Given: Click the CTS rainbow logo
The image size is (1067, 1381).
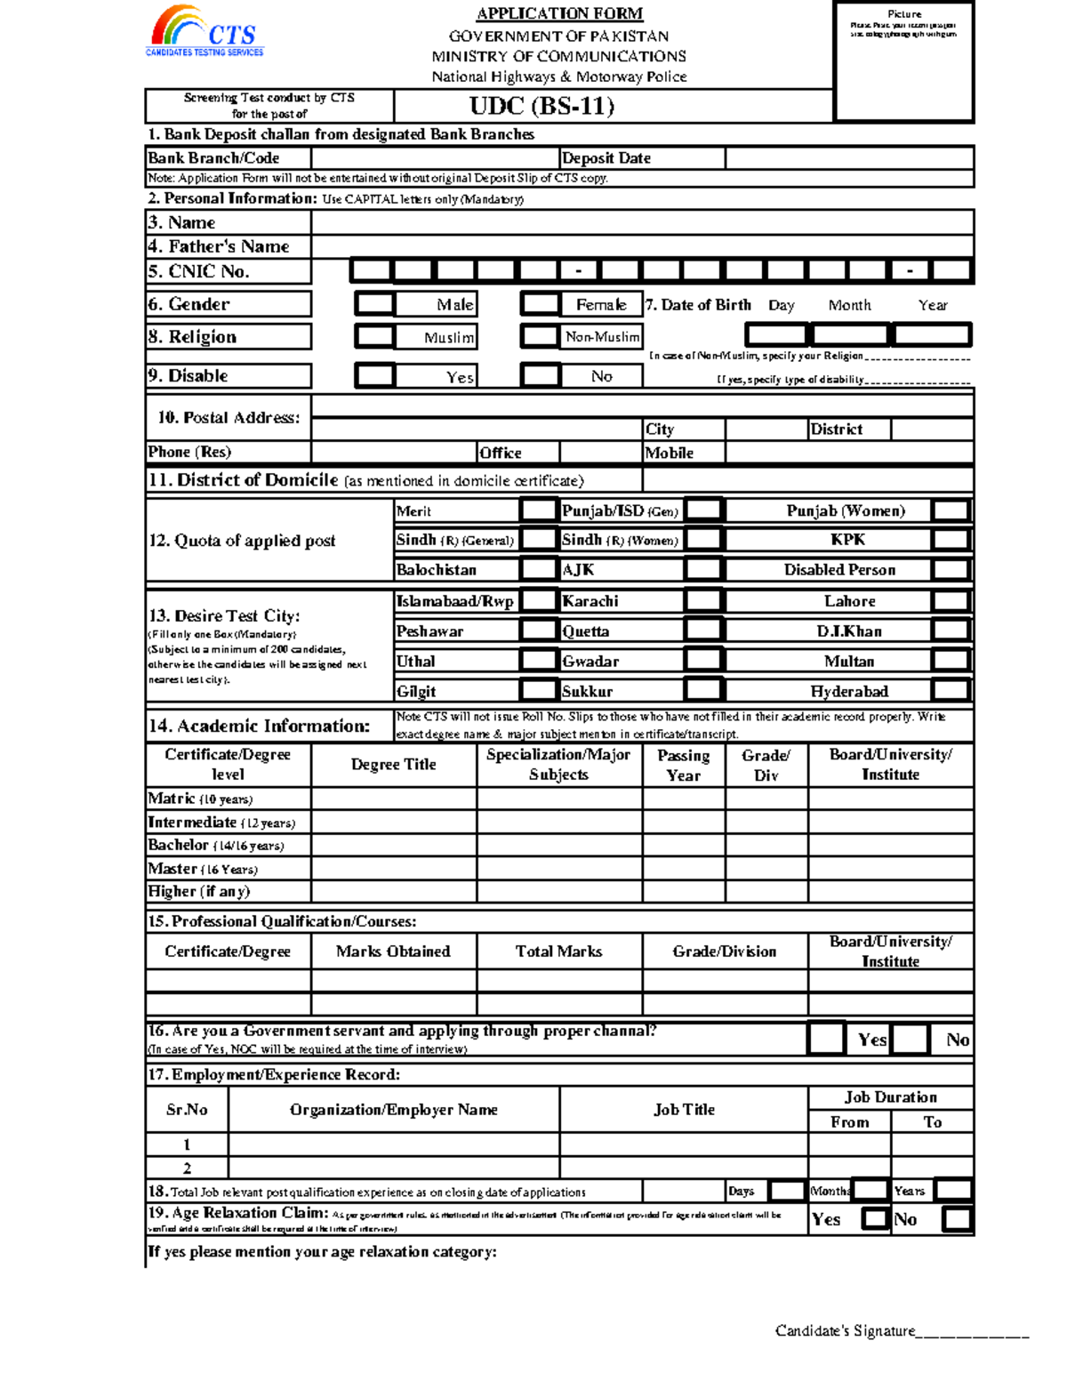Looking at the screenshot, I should [x=205, y=31].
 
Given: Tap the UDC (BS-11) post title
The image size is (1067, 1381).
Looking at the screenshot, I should [x=542, y=106].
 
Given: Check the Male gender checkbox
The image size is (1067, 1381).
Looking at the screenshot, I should [x=374, y=304].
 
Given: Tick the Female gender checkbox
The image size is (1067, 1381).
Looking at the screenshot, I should [x=540, y=304].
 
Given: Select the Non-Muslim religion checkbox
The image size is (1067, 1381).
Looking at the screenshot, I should [x=540, y=337].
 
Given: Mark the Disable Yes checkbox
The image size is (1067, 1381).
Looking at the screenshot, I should [x=374, y=375].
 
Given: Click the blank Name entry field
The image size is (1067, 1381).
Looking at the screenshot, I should [x=642, y=222].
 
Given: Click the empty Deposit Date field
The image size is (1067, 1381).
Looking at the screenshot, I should [x=848, y=158].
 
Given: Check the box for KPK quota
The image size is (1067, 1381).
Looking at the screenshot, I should [x=951, y=540].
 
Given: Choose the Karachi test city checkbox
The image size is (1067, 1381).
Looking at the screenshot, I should [x=703, y=601].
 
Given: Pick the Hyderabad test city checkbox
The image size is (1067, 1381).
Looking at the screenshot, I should [x=951, y=691].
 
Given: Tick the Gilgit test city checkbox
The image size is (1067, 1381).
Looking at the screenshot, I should [x=538, y=691].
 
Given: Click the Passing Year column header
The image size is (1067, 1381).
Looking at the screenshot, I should [x=683, y=765].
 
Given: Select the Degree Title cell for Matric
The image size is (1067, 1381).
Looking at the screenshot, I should [x=393, y=799].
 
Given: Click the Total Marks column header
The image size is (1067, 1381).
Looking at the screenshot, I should [x=558, y=951].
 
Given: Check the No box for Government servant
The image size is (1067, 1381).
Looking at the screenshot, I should [x=910, y=1039].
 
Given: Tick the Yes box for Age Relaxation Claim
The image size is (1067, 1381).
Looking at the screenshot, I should [x=875, y=1219].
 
